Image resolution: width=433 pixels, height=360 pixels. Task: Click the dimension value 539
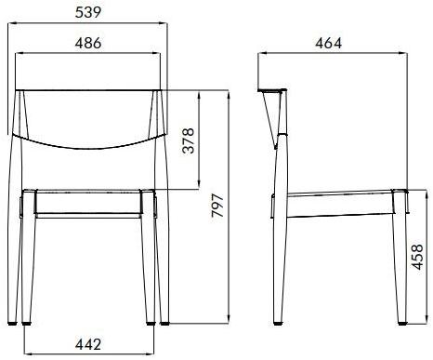coord(89,11)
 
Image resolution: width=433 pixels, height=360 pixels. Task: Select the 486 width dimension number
coord(87,43)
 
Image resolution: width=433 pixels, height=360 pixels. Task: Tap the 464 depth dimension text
coord(329,43)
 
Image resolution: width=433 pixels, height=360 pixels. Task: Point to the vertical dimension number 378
coord(189,140)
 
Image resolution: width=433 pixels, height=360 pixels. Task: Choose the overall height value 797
coord(217,207)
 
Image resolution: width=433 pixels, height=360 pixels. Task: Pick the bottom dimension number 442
coord(87,344)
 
